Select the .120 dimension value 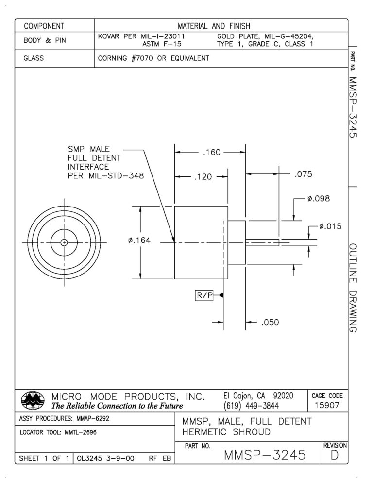coord(203,177)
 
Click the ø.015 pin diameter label coord(330,226)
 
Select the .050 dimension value coord(270,322)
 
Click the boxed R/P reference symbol coord(204,295)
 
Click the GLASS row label coord(34,58)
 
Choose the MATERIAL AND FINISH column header coord(221,25)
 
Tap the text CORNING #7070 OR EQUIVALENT coord(153,58)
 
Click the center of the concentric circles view coord(64,242)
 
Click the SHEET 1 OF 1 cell coord(44,457)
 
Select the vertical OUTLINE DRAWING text coord(353,288)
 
